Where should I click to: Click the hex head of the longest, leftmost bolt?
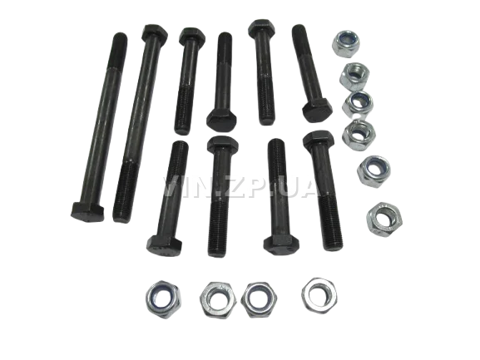(x=87, y=212)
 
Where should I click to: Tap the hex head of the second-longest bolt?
(x=155, y=32)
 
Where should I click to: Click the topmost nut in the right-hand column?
(x=346, y=43)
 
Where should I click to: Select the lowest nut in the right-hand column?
(x=384, y=219)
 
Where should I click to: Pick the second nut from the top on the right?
(x=354, y=76)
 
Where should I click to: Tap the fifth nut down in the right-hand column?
(x=374, y=171)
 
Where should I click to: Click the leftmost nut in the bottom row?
(x=163, y=298)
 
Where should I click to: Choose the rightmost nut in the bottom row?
(x=319, y=295)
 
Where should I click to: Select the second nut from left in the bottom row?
(x=218, y=300)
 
